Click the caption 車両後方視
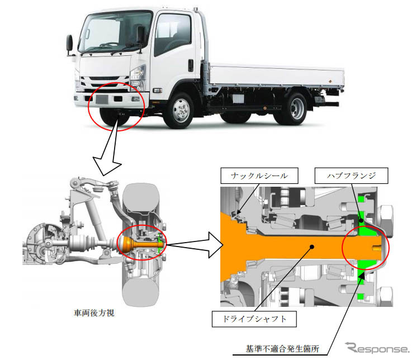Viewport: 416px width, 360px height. pyautogui.click(x=93, y=314)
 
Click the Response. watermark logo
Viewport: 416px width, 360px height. pyautogui.click(x=377, y=347)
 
